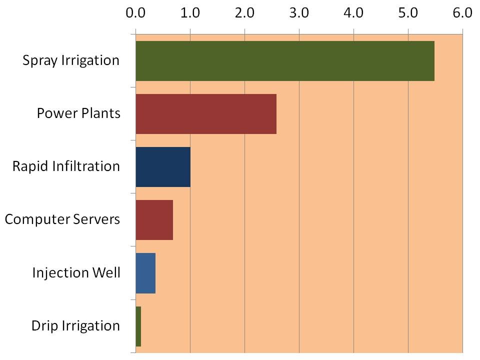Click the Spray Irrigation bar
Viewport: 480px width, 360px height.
coord(285,61)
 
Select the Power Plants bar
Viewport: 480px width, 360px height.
coord(206,114)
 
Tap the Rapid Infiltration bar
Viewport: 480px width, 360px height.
coord(163,167)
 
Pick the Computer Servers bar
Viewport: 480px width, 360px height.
coord(154,220)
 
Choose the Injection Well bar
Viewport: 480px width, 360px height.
coord(145,273)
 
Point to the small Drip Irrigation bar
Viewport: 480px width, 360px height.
coord(138,326)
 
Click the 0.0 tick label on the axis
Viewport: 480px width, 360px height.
coord(135,13)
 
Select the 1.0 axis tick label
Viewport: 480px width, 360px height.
coord(189,13)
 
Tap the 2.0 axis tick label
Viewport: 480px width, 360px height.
coord(244,13)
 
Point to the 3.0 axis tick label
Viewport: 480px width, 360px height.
coord(298,13)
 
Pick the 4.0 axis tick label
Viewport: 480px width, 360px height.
coord(353,13)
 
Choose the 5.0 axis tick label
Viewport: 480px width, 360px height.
coord(408,13)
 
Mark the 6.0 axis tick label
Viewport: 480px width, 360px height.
coord(462,13)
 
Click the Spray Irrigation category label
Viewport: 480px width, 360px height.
coord(71,61)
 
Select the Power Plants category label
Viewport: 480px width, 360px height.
coord(78,113)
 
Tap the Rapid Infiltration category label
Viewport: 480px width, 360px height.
coord(66,166)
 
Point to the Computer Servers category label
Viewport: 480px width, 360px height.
coord(62,219)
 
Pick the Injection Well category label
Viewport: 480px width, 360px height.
coord(76,273)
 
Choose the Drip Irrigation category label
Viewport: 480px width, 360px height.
coord(75,326)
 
